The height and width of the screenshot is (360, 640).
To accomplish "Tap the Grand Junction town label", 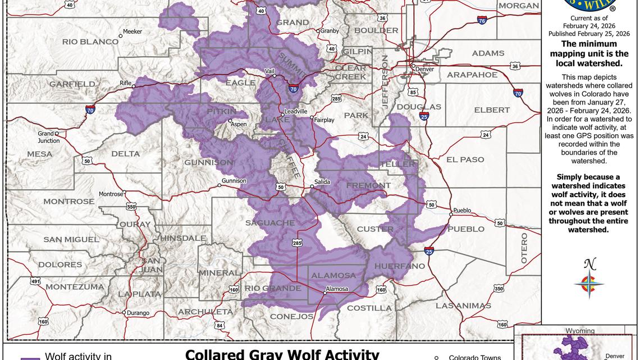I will tap(49, 137).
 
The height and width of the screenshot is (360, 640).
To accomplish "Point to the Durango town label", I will tap(138, 313).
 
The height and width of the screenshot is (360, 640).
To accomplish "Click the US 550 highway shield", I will tap(131, 207).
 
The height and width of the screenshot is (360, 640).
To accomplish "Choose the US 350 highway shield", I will tap(499, 289).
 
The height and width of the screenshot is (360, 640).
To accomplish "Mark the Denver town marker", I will tap(414, 66).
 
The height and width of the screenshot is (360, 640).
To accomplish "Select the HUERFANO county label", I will tap(399, 266).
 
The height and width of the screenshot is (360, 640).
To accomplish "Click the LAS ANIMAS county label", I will tap(463, 306).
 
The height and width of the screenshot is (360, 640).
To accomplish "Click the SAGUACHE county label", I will tap(270, 223).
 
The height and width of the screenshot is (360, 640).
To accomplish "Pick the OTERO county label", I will tap(524, 248).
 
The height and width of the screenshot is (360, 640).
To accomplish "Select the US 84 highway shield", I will tap(220, 325).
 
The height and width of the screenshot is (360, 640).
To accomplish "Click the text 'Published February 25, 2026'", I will tap(589, 34).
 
